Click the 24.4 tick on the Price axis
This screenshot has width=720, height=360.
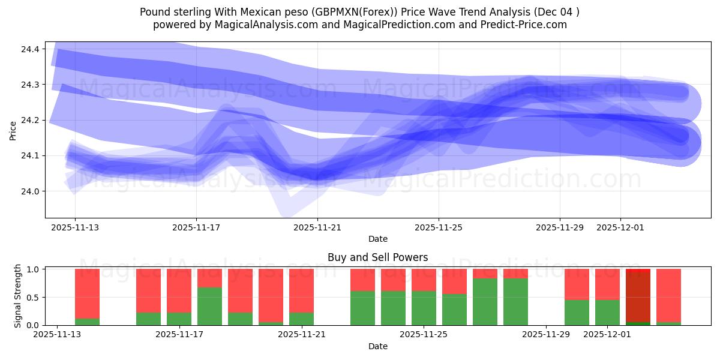(x=31, y=49)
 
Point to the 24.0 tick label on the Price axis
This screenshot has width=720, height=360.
(x=31, y=191)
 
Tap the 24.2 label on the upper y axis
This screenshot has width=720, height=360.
(x=31, y=120)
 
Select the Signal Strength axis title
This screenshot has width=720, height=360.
(x=18, y=296)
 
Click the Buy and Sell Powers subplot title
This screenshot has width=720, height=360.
(x=377, y=257)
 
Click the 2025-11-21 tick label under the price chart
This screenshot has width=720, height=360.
(x=317, y=228)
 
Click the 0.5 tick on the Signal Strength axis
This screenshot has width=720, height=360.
(x=33, y=297)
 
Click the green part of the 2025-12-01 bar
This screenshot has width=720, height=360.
(x=607, y=312)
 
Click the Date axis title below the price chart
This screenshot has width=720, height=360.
(x=377, y=239)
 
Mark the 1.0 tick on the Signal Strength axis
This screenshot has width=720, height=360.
(x=33, y=269)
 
